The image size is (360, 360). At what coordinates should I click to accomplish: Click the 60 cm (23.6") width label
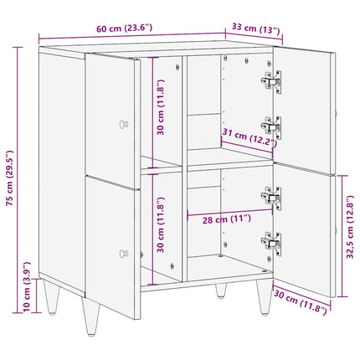(125, 28)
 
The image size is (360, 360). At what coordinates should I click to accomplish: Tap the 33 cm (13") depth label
(255, 28)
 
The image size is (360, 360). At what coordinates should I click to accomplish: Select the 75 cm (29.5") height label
(10, 177)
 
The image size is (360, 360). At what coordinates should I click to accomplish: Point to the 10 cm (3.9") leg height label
(27, 286)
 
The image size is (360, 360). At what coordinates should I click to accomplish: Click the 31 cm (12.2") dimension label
(249, 137)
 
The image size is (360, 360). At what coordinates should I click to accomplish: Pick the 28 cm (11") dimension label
(227, 219)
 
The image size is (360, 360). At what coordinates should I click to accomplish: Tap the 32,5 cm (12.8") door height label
(350, 227)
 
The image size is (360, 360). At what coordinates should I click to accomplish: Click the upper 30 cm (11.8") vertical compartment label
(161, 107)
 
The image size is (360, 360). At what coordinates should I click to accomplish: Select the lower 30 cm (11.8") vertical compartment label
(161, 225)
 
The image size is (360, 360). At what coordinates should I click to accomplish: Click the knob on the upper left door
(124, 124)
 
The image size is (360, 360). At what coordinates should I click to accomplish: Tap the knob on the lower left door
(124, 254)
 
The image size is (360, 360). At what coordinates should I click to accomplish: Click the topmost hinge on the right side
(271, 81)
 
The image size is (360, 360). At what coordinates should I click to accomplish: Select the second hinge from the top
(271, 127)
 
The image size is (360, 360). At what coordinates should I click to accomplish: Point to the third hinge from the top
(271, 198)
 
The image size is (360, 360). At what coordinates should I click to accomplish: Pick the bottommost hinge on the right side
(271, 244)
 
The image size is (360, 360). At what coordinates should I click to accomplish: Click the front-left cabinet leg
(90, 316)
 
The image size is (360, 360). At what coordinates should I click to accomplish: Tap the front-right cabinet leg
(264, 296)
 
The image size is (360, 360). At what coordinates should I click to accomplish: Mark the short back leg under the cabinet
(221, 291)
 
